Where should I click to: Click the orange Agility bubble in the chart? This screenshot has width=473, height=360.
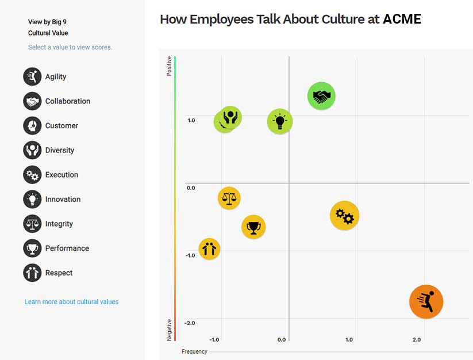(x=426, y=301)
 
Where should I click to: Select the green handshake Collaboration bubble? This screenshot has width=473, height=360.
(x=321, y=96)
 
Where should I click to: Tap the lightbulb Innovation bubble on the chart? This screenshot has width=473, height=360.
(x=280, y=121)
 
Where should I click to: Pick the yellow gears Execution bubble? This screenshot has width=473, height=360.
(x=344, y=216)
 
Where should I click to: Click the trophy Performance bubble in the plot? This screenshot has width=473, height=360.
(x=253, y=227)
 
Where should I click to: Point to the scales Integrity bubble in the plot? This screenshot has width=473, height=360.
(x=229, y=198)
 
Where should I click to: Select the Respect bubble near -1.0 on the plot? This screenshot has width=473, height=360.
(x=209, y=249)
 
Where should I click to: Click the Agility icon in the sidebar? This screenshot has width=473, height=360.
(x=33, y=76)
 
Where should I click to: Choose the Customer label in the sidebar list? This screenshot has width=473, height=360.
(x=61, y=126)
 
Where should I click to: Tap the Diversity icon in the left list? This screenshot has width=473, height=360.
(x=33, y=150)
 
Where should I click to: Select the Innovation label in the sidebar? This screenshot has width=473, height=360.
(x=63, y=200)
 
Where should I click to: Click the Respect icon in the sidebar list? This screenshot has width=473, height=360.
(x=33, y=273)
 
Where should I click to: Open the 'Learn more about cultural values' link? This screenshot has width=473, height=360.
(x=71, y=302)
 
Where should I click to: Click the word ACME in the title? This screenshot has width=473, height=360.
(x=402, y=19)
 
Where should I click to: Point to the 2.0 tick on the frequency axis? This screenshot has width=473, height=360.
(x=417, y=340)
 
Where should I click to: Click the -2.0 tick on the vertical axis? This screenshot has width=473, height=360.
(x=190, y=323)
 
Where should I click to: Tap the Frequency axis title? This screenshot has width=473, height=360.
(x=194, y=351)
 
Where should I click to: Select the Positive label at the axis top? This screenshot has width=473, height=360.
(x=169, y=66)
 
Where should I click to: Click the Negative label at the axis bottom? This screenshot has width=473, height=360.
(x=169, y=330)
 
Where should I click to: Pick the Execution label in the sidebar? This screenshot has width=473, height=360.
(x=61, y=175)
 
